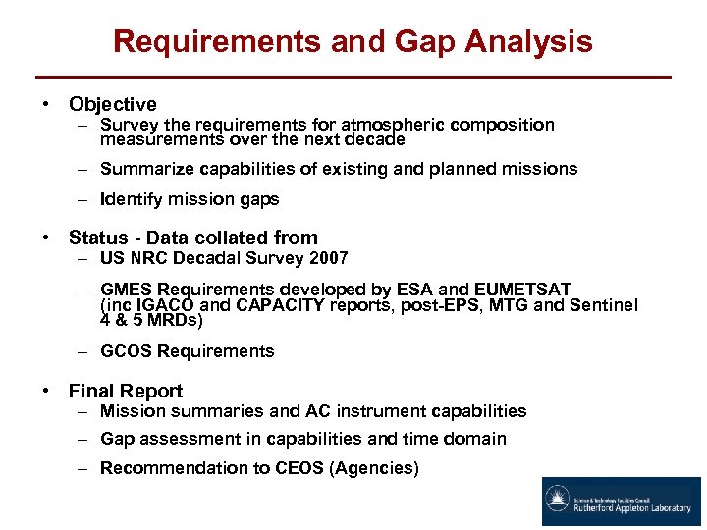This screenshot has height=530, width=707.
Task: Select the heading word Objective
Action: (x=112, y=104)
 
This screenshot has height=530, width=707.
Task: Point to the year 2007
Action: (x=329, y=258)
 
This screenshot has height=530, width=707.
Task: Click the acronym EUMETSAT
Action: (x=522, y=289)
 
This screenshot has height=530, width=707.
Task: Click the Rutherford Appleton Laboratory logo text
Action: (x=633, y=509)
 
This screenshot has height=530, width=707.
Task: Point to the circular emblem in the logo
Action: (x=558, y=501)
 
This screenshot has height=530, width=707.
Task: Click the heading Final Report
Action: (x=125, y=391)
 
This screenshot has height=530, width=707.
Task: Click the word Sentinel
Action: (x=605, y=305)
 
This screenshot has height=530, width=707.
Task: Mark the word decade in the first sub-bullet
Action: (x=375, y=139)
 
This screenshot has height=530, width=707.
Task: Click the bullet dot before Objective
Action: (x=46, y=104)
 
